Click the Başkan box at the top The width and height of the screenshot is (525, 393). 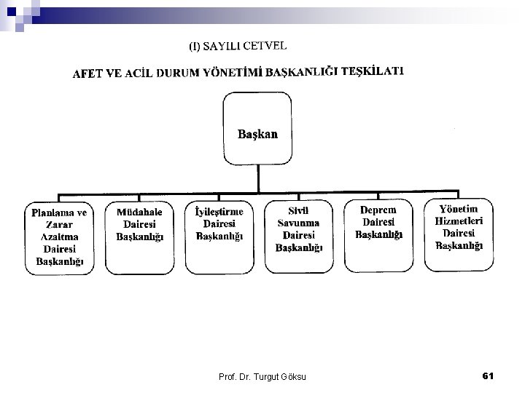pos(257,134)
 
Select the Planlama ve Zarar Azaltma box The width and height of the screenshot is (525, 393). pos(60,236)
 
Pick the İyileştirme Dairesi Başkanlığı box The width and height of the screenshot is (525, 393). pos(219,231)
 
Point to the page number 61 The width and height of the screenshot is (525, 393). pos(488,375)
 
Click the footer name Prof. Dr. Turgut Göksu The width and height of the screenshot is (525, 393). pos(263,376)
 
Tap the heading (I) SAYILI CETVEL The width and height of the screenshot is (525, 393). pos(238,47)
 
